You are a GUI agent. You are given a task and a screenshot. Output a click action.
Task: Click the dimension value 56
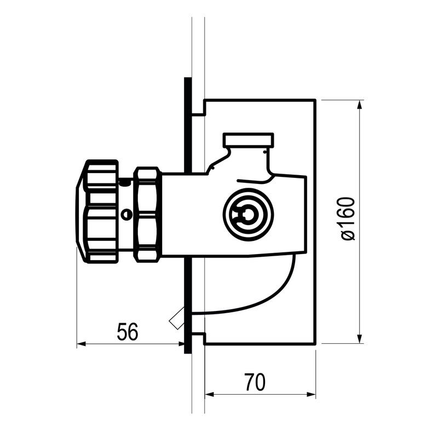[128, 332]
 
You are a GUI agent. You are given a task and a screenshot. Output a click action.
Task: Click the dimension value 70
[255, 382]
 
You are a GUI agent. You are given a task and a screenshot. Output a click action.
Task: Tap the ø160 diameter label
[348, 218]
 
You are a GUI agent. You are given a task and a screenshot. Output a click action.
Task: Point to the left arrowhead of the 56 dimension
[81, 344]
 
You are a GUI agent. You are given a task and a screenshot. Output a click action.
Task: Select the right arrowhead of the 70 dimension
[312, 395]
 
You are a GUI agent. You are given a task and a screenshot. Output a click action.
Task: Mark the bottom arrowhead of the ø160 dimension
[360, 338]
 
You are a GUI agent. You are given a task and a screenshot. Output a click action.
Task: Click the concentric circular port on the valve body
[249, 215]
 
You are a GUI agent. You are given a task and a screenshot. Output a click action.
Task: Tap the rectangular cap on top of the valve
[249, 140]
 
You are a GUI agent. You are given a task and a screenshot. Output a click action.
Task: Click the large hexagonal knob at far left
[97, 211]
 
